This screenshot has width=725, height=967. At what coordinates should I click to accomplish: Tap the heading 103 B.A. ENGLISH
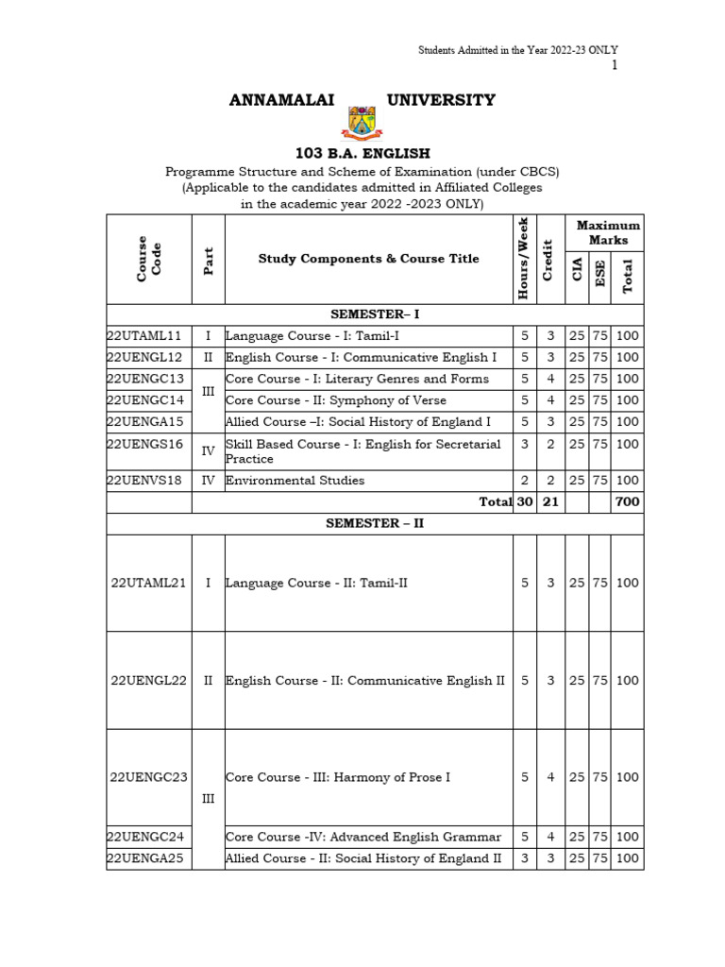coord(362,153)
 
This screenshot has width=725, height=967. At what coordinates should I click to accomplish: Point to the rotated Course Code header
coord(148,259)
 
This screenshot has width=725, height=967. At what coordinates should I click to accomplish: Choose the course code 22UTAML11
coord(143,335)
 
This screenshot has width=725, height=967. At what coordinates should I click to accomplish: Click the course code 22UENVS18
coord(143,480)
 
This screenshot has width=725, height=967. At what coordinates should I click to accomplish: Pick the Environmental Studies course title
coord(295,480)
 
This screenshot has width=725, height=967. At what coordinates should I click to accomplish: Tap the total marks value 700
coord(627,502)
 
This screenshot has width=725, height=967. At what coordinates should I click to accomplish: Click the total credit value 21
coord(550,502)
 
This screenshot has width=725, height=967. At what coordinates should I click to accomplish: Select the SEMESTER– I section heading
coord(374,314)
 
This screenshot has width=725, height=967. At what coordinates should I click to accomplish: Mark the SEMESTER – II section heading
coord(374,523)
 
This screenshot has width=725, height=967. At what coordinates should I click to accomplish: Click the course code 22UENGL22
coord(148,680)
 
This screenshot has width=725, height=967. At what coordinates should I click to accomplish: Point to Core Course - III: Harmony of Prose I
coord(338,777)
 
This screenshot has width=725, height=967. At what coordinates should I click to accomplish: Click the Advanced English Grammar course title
coord(363,837)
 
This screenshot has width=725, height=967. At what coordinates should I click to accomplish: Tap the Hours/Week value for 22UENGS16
coord(525,444)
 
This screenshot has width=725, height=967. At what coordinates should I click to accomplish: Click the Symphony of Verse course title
coord(336,400)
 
